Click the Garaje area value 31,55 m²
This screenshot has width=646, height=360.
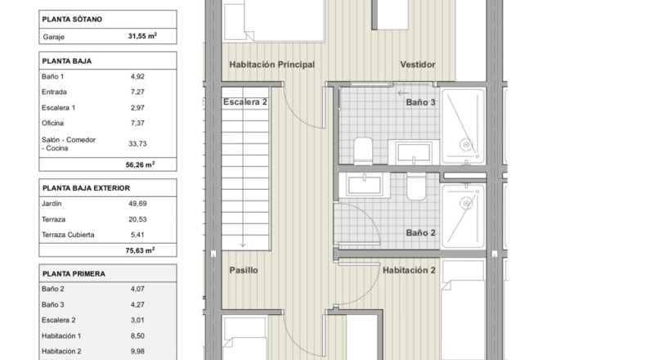coord(142,36)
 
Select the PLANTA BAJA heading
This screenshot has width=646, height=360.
coord(67,61)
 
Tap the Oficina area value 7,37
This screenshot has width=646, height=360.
coord(137,123)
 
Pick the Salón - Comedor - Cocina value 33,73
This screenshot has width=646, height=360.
coord(137,143)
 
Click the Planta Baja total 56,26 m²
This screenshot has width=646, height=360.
coord(140,164)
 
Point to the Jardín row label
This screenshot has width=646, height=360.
coord(52,203)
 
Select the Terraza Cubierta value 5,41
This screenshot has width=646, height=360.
coord(137,235)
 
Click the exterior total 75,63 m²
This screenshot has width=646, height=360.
coord(140,250)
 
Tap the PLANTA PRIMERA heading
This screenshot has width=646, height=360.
coord(74,274)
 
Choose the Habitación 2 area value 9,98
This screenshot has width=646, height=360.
coord(137,351)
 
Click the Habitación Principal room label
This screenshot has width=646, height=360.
coord(272,65)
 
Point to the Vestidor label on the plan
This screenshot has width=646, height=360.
coord(418,65)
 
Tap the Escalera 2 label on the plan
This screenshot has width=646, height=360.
coord(245,101)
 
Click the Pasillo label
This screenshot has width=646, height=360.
coord(244,270)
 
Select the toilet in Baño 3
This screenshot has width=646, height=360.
coord(363,151)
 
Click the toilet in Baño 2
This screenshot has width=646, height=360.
coord(416,187)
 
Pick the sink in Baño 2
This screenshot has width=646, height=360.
coord(365,185)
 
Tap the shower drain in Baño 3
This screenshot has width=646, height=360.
coord(466,145)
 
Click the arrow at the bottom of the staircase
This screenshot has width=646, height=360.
coord(243,244)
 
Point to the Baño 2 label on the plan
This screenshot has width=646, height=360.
coord(420,232)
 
